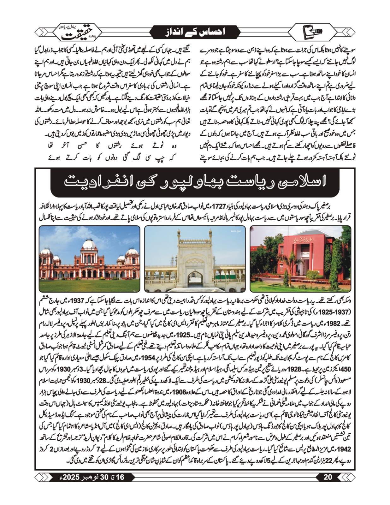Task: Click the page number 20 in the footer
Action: click(328, 477)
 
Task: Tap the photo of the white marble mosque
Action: click(195, 259)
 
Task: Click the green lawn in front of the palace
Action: click(89, 284)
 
